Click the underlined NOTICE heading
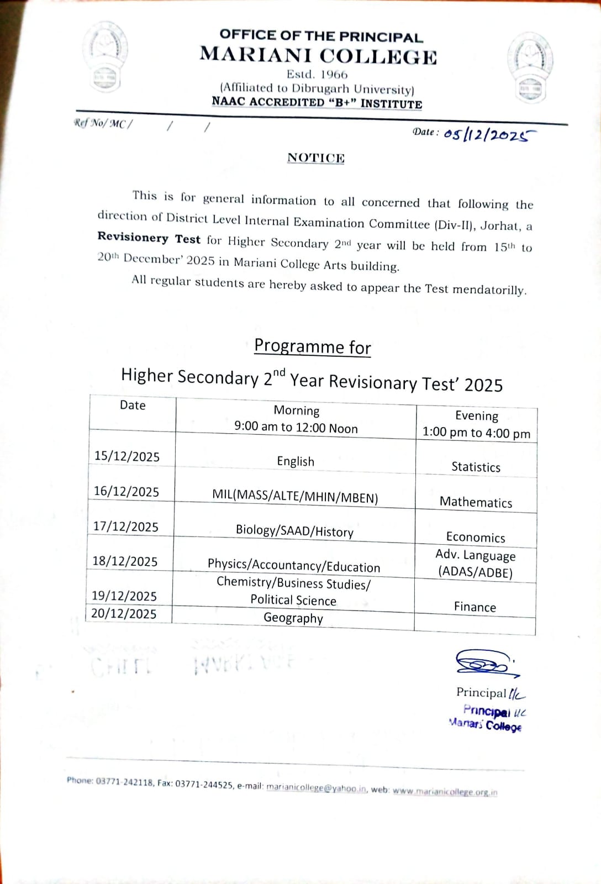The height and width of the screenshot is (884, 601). point(316,158)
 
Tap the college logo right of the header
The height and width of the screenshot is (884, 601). point(530,66)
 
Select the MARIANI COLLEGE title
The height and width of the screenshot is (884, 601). point(318,55)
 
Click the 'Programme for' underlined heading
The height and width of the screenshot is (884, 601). point(312,346)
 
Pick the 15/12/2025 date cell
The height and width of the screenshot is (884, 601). point(127,456)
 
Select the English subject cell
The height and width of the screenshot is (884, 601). point(296,461)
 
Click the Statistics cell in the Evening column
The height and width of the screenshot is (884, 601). point(476,467)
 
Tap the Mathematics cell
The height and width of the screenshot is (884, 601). point(476,502)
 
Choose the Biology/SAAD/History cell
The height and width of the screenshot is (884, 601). point(294,530)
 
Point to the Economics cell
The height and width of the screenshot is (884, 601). point(476,538)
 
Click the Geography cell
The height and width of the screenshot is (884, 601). point(293,618)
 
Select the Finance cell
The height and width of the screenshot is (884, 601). point(475,607)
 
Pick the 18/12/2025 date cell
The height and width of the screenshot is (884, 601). point(125,561)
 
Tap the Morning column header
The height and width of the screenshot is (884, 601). point(296,419)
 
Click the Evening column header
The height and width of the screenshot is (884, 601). point(476,424)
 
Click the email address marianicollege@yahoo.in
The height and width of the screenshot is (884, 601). point(316,788)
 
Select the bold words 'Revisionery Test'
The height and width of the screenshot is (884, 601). point(149,238)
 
